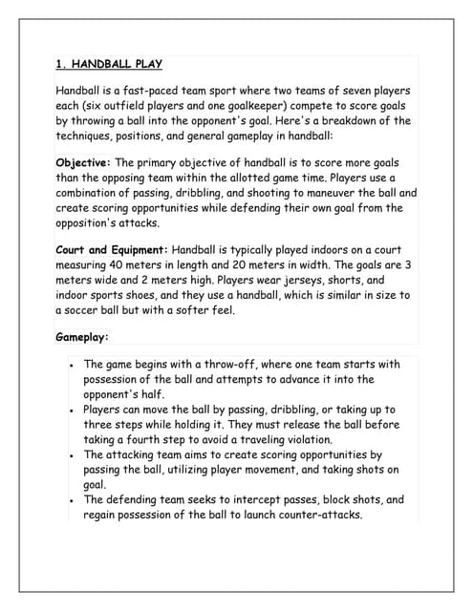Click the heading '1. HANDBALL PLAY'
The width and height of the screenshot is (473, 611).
(x=109, y=65)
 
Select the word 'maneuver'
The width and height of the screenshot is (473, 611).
(x=339, y=192)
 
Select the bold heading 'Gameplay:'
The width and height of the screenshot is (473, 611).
(x=82, y=337)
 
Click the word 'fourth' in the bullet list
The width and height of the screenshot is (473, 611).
(x=136, y=440)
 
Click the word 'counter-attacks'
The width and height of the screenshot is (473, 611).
(x=313, y=516)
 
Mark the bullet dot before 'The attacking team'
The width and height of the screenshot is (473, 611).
(x=73, y=456)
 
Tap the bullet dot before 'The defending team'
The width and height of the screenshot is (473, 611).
(x=73, y=500)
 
